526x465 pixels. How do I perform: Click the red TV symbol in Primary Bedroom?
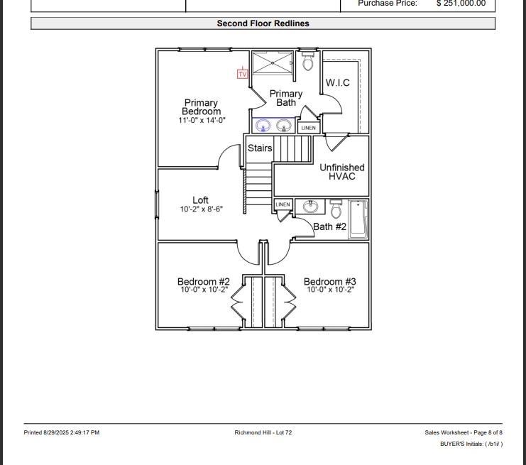pyautogui.click(x=242, y=73)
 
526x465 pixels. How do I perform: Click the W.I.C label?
pyautogui.click(x=338, y=82)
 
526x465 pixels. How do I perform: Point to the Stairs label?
pyautogui.click(x=259, y=148)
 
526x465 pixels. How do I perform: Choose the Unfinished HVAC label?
pyautogui.click(x=341, y=172)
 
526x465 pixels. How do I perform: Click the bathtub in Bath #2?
pyautogui.click(x=358, y=219)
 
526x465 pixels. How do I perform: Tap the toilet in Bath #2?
pyautogui.click(x=336, y=210)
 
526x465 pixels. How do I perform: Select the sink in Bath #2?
pyautogui.click(x=310, y=207)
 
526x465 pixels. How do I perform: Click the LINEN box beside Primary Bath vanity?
pyautogui.click(x=308, y=128)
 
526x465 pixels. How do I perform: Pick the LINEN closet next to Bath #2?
pyautogui.click(x=283, y=204)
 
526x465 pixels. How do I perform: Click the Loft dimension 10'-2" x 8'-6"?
pyautogui.click(x=201, y=209)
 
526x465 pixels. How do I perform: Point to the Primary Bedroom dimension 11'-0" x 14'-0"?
pyautogui.click(x=202, y=121)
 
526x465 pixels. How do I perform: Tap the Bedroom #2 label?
pyautogui.click(x=203, y=282)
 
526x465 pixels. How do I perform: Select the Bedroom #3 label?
pyautogui.click(x=330, y=282)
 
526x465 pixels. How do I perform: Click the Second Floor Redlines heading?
pyautogui.click(x=263, y=23)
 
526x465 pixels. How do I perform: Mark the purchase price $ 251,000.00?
pyautogui.click(x=461, y=4)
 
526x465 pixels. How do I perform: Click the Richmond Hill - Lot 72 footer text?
pyautogui.click(x=263, y=432)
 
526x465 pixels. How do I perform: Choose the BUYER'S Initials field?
pyautogui.click(x=471, y=444)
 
